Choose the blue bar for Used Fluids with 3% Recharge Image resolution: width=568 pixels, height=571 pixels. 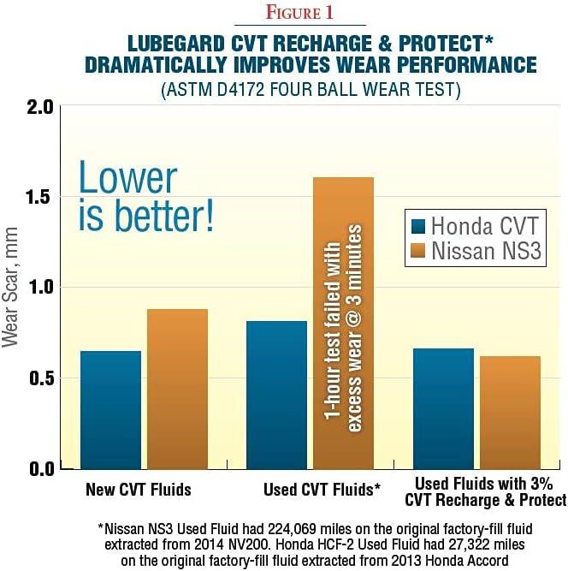pos(448,408)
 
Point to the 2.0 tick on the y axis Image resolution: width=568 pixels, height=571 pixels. pos(38,108)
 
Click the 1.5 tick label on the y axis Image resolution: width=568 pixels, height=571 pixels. pos(38,198)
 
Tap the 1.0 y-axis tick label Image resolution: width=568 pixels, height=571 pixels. pos(38,288)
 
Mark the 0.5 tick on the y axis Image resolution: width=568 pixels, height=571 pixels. pos(38,378)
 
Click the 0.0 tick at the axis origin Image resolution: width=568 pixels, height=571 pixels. pos(38,468)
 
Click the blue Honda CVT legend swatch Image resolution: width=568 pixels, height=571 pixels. pos(418,227)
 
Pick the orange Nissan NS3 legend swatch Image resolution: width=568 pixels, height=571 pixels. pos(418,253)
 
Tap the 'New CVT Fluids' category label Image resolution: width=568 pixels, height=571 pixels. pos(139,491)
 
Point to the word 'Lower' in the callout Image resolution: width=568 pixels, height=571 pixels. pos(127,178)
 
